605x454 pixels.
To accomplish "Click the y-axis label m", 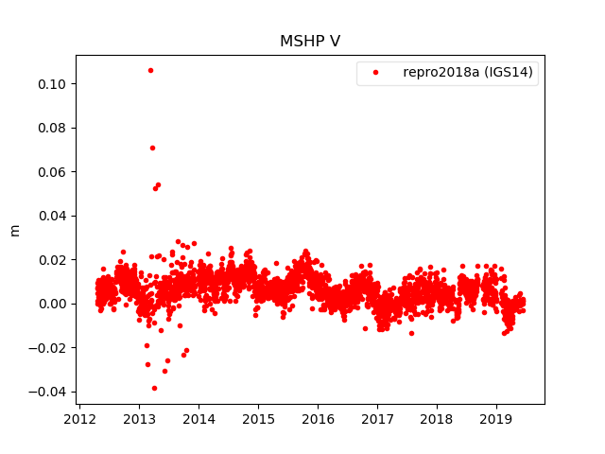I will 14,230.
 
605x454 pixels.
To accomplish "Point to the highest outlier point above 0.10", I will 150,70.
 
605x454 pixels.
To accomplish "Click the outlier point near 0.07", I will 152,148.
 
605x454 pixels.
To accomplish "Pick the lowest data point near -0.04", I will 154,388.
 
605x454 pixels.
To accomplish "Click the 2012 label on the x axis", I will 79,419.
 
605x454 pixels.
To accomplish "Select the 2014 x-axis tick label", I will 199,419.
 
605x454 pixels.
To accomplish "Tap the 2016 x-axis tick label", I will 318,419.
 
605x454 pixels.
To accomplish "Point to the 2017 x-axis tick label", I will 377,419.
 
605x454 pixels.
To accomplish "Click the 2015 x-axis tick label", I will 258,419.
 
